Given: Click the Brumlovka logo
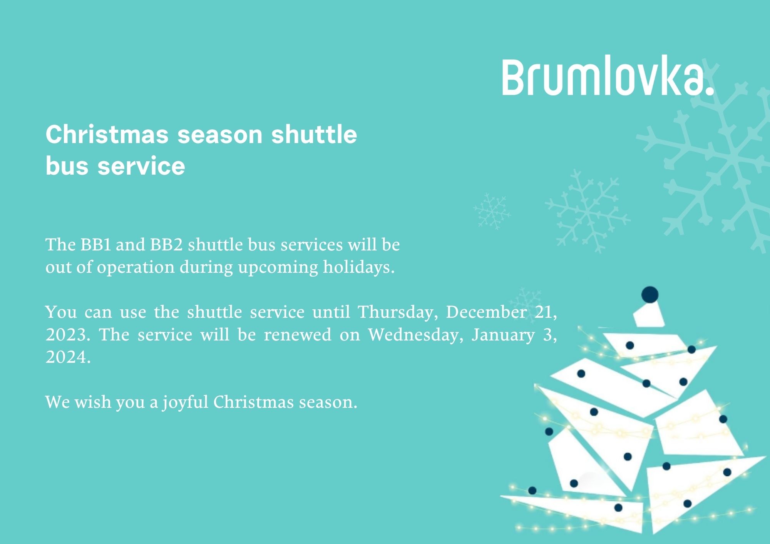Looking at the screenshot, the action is pos(608,77).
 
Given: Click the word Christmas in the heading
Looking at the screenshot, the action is pos(107,134).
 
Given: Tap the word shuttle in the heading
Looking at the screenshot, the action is pos(314,134).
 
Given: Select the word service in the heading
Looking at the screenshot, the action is pos(141,166).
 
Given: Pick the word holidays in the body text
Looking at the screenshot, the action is pos(358,267).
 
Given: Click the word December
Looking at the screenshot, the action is pos(486,312).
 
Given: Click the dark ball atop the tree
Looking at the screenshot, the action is pos(650,295).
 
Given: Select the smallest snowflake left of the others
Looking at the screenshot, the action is pos(492,212).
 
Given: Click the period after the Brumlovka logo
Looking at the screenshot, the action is pos(710,91).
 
